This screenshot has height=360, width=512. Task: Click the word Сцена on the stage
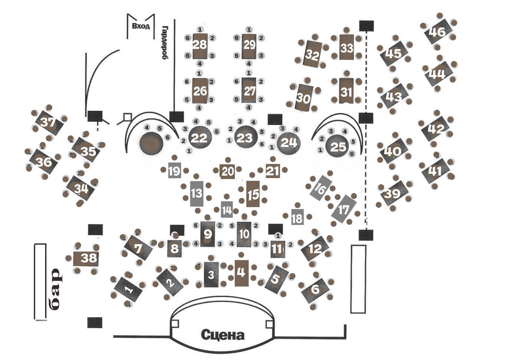click(x=223, y=335)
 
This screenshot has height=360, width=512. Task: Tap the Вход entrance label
click(x=141, y=26)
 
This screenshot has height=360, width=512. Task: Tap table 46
click(x=437, y=33)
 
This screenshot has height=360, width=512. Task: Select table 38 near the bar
click(x=89, y=258)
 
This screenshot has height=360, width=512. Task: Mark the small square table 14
click(x=227, y=210)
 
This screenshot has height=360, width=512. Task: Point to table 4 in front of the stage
click(x=241, y=273)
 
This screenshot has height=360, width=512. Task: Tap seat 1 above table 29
click(x=249, y=29)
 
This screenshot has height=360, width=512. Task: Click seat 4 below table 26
click(x=199, y=108)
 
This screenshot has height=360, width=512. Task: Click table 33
click(x=347, y=48)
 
